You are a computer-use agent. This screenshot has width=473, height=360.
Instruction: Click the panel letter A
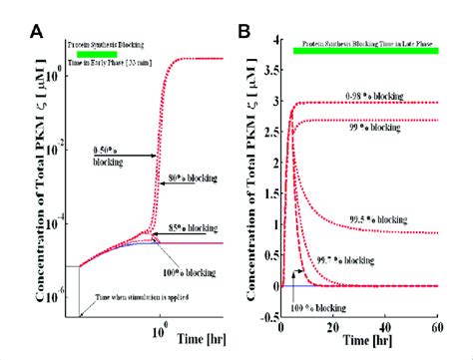click(36, 31)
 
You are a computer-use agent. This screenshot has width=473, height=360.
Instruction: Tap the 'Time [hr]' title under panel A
click(205, 328)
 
